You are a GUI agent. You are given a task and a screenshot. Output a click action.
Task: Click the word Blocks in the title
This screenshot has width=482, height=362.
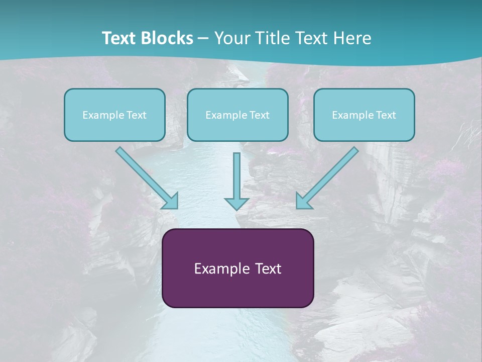tap(167, 38)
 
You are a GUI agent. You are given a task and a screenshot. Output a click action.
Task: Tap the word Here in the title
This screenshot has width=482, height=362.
tap(352, 38)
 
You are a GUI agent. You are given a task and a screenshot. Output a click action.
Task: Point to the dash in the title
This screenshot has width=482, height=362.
tap(203, 39)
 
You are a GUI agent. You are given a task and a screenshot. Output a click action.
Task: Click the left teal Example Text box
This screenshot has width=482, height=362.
tap(114, 115)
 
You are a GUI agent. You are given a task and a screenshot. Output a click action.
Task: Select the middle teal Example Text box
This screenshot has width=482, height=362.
tap(237, 115)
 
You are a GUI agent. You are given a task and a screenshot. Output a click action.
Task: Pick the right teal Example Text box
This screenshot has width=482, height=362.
tap(364, 115)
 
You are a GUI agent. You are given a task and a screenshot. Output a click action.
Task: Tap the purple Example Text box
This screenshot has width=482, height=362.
tap(238, 268)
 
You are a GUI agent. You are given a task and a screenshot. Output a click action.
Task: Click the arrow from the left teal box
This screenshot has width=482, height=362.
tap(147, 178)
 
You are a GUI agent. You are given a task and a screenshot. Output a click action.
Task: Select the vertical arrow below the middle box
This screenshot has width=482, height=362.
tap(236, 182)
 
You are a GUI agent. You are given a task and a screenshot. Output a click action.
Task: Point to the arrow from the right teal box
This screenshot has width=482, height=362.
tap(327, 178)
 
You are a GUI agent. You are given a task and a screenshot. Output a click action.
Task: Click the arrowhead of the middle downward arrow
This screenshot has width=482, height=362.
tap(236, 204)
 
